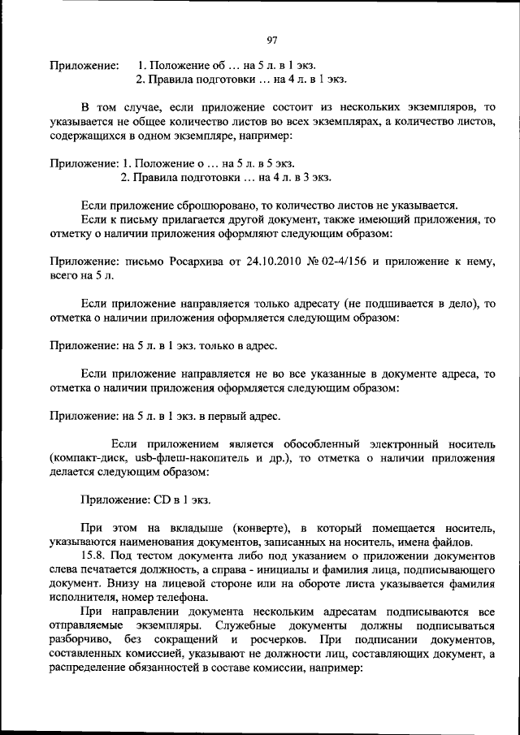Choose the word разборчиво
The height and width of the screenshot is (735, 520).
pyautogui.click(x=80, y=641)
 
